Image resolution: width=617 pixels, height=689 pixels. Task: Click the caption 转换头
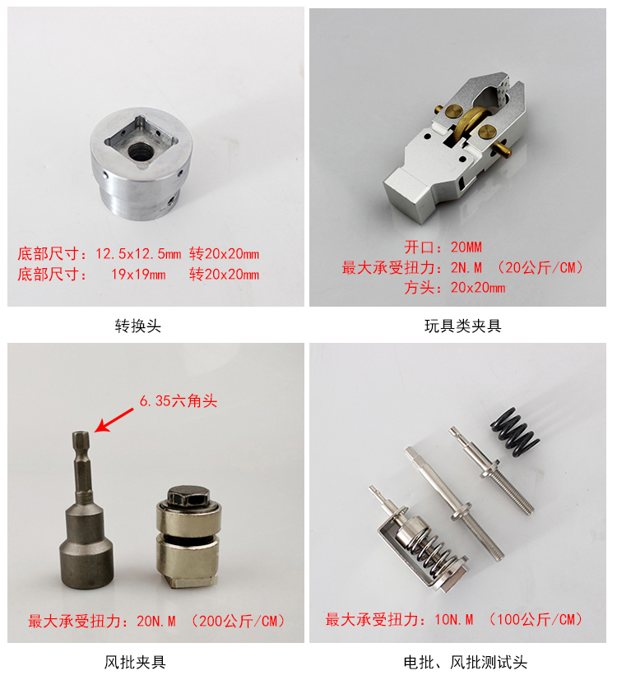click(x=138, y=326)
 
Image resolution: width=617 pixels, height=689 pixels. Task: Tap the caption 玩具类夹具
click(x=462, y=326)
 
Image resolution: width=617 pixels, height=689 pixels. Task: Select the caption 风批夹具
click(x=135, y=662)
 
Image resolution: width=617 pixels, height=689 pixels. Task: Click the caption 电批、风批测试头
click(x=466, y=662)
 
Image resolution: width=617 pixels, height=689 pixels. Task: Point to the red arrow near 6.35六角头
click(x=114, y=420)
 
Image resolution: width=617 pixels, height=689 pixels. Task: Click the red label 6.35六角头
click(x=179, y=400)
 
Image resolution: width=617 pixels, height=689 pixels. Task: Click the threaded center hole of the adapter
click(x=140, y=151)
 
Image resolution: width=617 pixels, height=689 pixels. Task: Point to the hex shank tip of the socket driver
click(x=81, y=434)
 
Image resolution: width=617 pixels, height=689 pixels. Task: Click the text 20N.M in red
click(x=156, y=621)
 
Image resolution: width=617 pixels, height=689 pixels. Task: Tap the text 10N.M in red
click(x=454, y=620)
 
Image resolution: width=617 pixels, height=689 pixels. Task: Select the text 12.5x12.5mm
click(x=138, y=253)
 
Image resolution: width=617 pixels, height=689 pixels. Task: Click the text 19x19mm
click(x=138, y=274)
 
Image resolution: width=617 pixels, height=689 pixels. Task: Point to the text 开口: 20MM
click(x=443, y=247)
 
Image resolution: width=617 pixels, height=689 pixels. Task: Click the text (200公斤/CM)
click(x=239, y=621)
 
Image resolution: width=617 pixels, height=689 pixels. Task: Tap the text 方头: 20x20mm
click(x=455, y=288)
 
